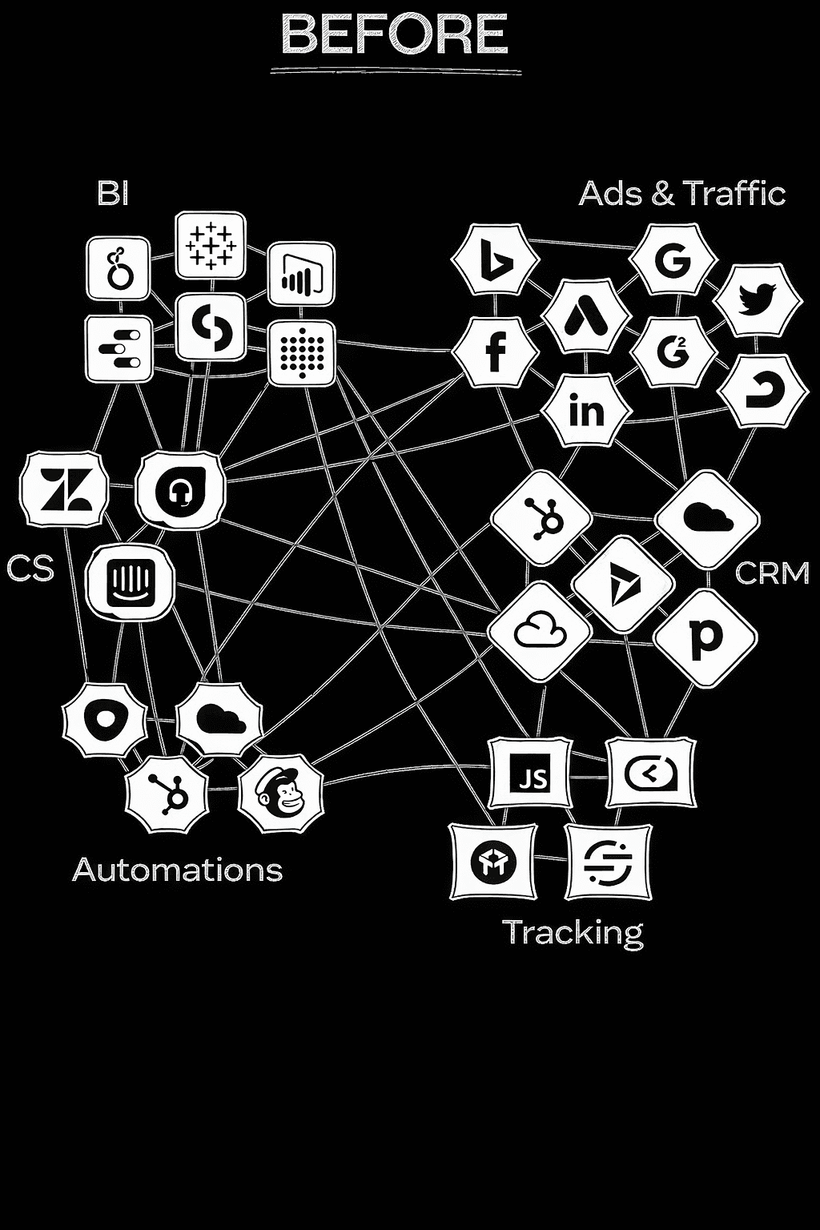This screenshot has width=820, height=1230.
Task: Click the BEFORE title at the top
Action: click(395, 36)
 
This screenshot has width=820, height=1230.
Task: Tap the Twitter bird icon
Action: click(757, 299)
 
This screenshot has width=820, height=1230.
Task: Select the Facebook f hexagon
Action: click(495, 352)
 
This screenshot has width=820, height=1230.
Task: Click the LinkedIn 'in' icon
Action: click(586, 410)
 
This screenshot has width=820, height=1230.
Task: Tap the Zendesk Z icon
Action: click(64, 489)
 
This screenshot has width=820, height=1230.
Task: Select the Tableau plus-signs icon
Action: click(210, 245)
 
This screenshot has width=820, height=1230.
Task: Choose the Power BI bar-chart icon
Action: click(301, 275)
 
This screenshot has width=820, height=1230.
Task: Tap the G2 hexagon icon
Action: click(671, 352)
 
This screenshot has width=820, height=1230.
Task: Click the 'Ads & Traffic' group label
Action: click(681, 194)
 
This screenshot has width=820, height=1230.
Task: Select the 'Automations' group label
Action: click(178, 870)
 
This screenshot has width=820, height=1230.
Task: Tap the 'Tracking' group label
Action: click(572, 932)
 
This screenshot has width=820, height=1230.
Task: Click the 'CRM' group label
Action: click(771, 573)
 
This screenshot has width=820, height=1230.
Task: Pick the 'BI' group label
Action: click(113, 193)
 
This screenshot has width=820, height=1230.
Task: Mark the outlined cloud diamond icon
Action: click(540, 630)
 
